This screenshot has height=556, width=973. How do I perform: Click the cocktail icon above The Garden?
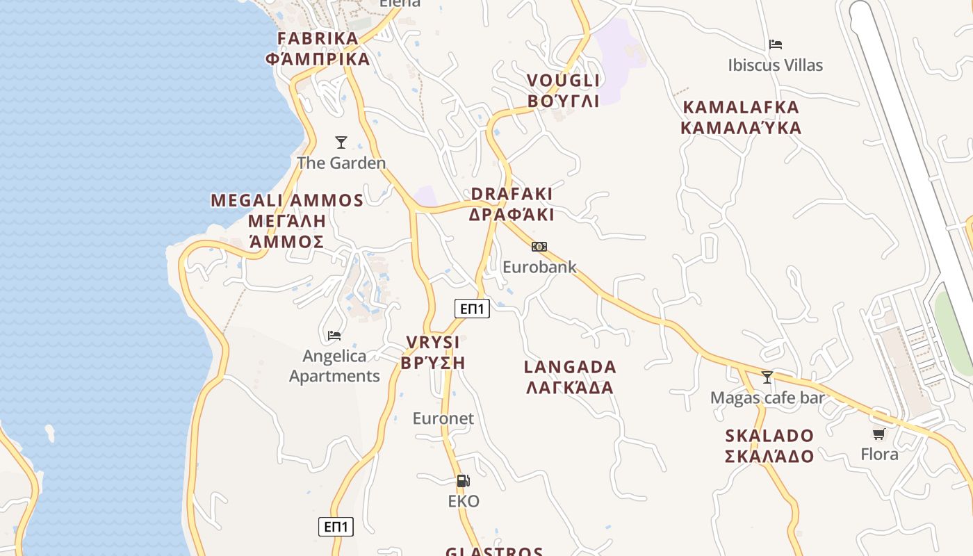click(x=341, y=142)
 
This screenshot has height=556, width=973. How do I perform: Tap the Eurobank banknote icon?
click(x=539, y=247)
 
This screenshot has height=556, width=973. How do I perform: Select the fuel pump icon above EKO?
click(x=463, y=480)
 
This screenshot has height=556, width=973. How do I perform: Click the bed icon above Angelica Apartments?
click(x=334, y=336)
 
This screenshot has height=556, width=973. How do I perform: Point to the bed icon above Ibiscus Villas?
click(x=776, y=44)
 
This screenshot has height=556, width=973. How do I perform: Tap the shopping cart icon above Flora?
click(x=879, y=434)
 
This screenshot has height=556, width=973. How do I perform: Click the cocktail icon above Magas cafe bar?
click(x=767, y=377)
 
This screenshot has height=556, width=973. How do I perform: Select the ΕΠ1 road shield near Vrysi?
click(x=472, y=309)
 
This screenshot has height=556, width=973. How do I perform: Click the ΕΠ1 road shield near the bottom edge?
click(x=336, y=526)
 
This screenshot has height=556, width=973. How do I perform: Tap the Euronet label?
click(x=443, y=418)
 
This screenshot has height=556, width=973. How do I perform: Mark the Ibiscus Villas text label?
click(x=775, y=65)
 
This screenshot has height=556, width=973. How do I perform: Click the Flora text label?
click(x=879, y=455)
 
